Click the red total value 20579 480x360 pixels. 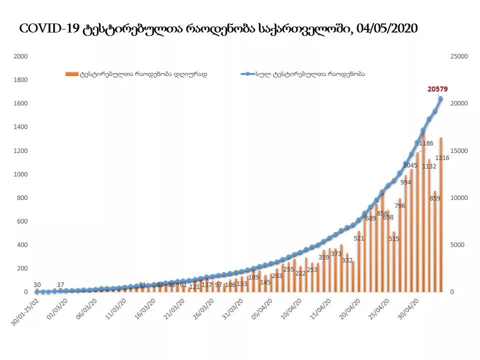click(437, 89)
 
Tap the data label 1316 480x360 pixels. click(442, 158)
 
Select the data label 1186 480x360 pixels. click(426, 143)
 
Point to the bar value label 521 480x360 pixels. click(359, 238)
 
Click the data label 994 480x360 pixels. click(405, 182)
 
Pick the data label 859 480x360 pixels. click(434, 198)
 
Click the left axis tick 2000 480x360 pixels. click(20, 56)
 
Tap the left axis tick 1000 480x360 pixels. click(20, 174)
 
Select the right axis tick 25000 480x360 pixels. click(459, 56)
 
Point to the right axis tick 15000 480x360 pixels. click(459, 151)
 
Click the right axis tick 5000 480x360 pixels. click(457, 245)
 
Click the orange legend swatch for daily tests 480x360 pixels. click(71, 74)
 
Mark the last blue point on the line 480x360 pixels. click(440, 98)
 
